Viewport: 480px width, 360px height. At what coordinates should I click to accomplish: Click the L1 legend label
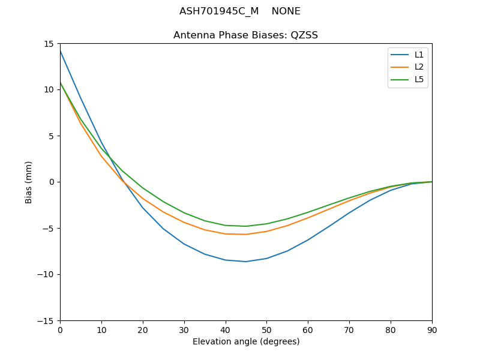(419, 55)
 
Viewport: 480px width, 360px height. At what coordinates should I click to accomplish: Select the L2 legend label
(419, 67)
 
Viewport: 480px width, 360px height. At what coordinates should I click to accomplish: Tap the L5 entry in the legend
(419, 79)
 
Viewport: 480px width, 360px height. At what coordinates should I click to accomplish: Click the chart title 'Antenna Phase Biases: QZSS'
(245, 35)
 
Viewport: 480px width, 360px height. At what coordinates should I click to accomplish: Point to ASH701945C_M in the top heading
(219, 11)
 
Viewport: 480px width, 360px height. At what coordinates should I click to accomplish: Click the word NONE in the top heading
(286, 11)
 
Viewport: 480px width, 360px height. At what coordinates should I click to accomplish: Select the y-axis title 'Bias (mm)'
(29, 182)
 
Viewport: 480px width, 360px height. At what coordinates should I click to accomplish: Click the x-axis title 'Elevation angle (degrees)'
(245, 342)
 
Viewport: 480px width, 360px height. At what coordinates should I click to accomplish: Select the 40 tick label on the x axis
(225, 330)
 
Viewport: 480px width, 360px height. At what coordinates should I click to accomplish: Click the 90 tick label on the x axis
(431, 330)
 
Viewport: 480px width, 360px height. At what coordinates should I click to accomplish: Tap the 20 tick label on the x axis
(143, 330)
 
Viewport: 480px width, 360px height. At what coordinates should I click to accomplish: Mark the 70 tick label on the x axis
(349, 330)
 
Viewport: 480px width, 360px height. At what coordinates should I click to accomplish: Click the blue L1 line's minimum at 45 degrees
(246, 262)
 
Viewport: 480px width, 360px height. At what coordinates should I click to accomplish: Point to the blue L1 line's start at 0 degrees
(60, 51)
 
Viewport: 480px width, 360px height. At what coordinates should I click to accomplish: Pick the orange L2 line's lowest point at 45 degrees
(246, 234)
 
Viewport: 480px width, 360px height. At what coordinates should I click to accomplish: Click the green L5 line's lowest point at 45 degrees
(246, 226)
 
